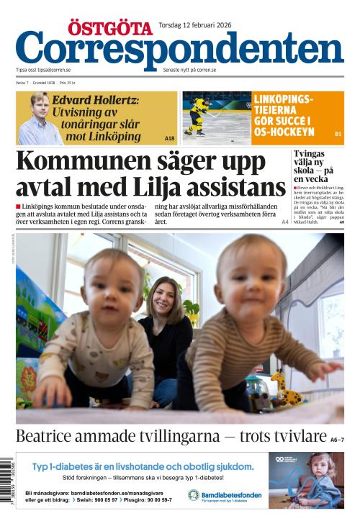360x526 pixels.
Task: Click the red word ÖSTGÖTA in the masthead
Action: coord(110,28)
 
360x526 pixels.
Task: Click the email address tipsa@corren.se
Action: coord(54,71)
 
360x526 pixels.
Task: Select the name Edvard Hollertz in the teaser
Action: coord(96,100)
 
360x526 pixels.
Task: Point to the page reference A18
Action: coord(169,137)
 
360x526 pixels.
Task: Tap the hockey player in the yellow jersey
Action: coord(197,114)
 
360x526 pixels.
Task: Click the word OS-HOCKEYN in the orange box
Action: coord(283,132)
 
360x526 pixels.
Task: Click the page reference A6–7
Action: coord(337,439)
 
